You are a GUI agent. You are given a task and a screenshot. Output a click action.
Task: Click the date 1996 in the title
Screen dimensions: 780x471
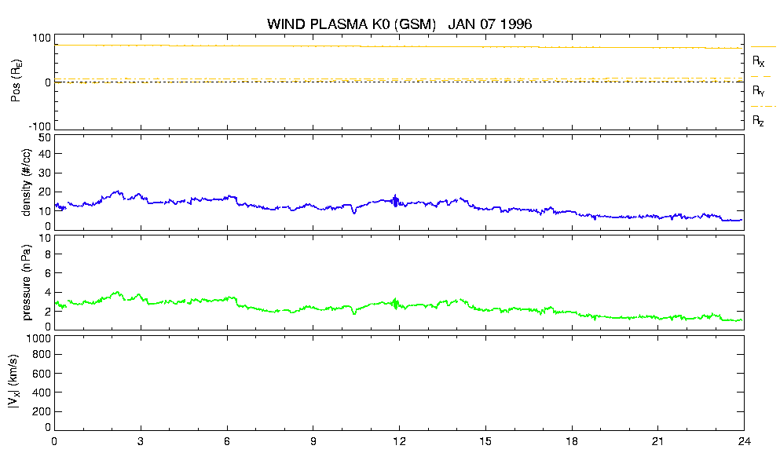tap(516, 24)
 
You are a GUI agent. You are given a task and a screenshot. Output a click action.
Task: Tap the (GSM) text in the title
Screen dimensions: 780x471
tap(415, 24)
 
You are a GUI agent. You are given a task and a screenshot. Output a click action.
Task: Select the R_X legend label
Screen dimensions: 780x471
tap(758, 61)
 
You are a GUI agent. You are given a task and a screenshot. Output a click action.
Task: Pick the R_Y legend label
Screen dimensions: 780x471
tap(758, 90)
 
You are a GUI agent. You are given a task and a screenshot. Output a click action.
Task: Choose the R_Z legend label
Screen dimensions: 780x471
tap(758, 120)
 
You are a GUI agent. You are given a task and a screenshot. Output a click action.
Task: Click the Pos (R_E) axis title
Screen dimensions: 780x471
tap(16, 82)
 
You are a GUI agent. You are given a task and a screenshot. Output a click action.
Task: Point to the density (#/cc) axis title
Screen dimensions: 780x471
tap(26, 182)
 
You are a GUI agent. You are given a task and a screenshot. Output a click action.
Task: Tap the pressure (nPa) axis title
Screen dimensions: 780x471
tap(26, 283)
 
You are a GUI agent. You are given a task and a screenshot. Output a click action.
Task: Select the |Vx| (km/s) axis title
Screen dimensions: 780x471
tap(14, 382)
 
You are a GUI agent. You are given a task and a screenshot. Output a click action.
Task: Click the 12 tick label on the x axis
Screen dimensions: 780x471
tap(399, 441)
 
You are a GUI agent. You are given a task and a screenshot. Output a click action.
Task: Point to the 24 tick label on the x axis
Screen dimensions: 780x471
tap(744, 441)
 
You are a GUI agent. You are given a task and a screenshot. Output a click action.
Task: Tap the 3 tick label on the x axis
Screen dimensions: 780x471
tap(141, 441)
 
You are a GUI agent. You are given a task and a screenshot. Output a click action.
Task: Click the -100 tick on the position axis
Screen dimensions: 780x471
tap(41, 126)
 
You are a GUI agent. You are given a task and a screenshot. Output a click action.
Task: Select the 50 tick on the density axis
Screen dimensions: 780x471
tap(45, 138)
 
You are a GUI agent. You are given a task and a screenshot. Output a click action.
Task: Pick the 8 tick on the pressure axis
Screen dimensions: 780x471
tap(48, 254)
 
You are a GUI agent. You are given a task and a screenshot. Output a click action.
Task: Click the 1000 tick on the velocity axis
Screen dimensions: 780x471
tap(42, 338)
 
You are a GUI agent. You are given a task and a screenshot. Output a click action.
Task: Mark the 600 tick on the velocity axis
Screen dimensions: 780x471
tap(42, 374)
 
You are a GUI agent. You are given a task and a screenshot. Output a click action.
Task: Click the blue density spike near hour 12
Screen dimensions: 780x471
tap(396, 200)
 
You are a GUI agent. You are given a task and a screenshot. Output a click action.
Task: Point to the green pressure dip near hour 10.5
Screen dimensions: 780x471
tap(354, 312)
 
